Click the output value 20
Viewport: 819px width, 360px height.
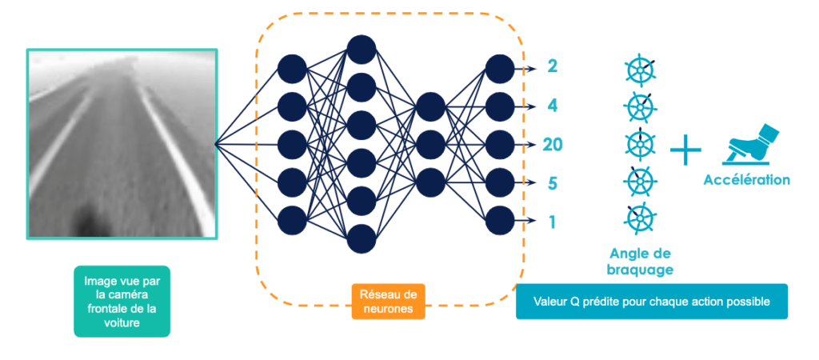552,144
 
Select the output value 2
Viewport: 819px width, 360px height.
552,66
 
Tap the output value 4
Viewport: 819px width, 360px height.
552,106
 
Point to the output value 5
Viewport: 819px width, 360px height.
552,183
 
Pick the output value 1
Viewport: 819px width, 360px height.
552,222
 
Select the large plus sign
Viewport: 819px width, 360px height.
685,150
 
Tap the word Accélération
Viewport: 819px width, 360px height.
746,180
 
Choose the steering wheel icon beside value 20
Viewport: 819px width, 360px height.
639,143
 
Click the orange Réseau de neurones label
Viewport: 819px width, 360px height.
389,301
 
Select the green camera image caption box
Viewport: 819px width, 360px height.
122,301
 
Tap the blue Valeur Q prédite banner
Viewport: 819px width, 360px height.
651,302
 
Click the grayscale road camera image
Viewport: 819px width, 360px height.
122,144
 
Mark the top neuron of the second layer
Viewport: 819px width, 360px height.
362,50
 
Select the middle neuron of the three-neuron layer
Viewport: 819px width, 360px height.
430,144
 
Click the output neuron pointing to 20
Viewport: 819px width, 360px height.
500,144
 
